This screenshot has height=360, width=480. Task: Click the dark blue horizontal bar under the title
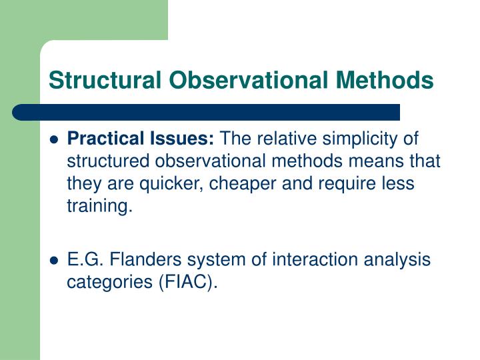click(x=207, y=112)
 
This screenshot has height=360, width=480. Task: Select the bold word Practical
click(x=105, y=139)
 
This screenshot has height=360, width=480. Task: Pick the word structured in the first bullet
click(x=105, y=162)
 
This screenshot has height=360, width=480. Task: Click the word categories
click(x=109, y=282)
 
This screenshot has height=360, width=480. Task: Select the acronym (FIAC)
click(x=187, y=282)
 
